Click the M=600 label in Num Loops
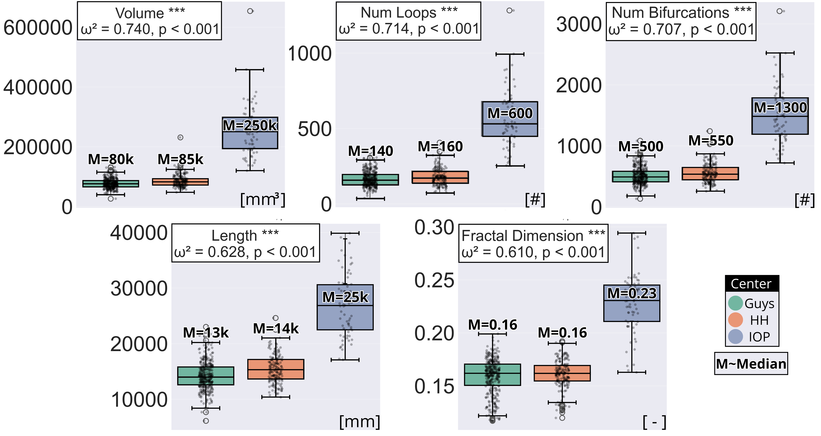pos(510,114)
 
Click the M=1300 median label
pos(780,108)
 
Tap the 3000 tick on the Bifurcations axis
pos(578,25)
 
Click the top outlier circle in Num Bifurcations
pos(780,11)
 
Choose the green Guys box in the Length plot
pos(206,376)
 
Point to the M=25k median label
pos(345,297)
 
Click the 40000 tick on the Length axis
pos(139,233)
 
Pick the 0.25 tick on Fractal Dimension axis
pos(434,281)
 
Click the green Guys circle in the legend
pos(736,303)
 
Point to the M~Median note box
pos(751,364)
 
